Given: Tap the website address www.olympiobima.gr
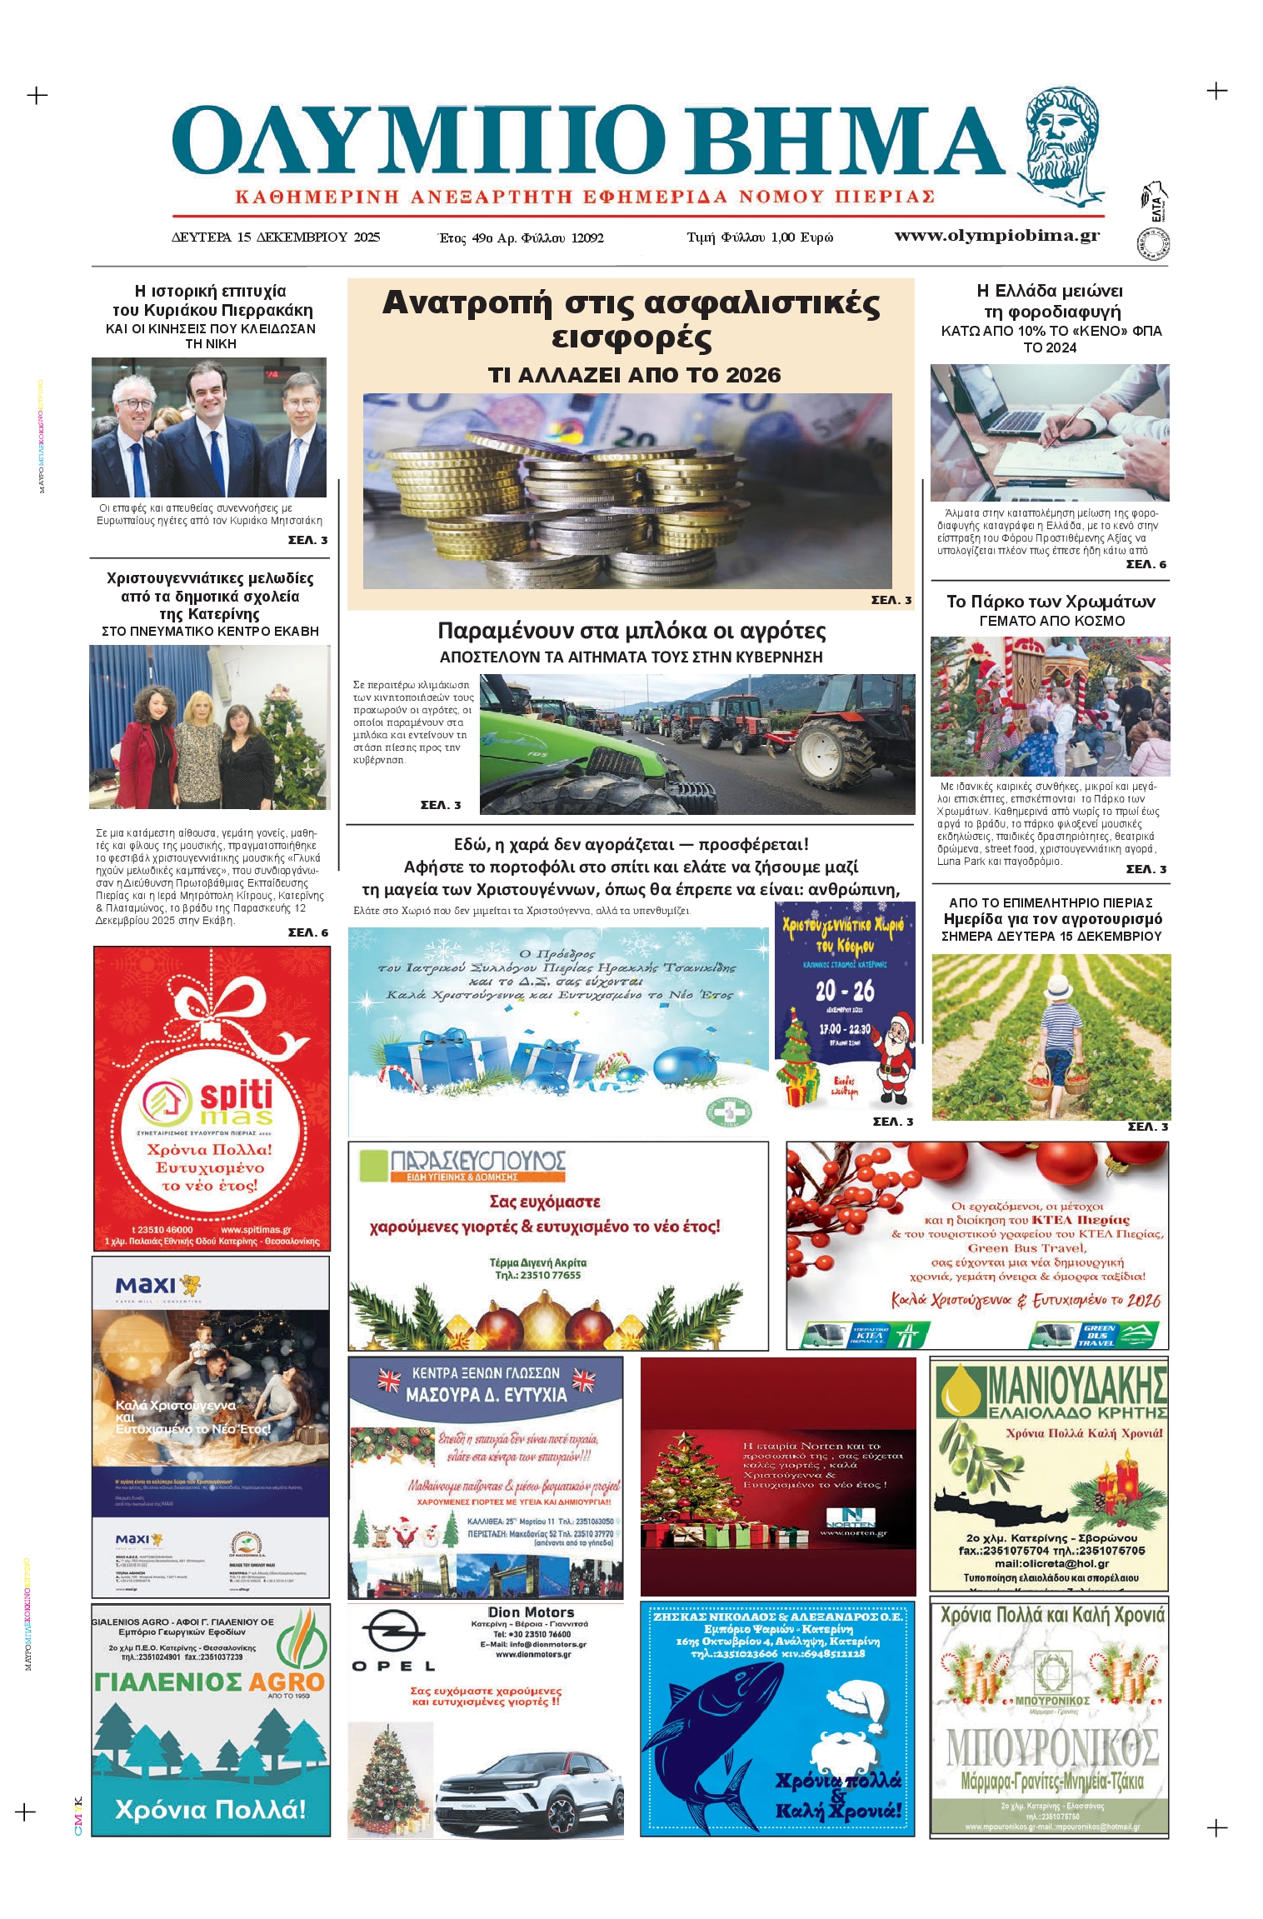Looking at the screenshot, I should point(996,236).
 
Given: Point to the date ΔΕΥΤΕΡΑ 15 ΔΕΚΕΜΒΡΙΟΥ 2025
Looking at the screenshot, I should point(276,237).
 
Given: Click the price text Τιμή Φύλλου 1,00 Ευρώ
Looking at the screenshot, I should point(759,237).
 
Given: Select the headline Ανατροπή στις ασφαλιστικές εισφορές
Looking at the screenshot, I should point(631,319).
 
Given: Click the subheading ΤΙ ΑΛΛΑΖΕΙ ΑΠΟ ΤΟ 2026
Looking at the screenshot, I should point(634,375).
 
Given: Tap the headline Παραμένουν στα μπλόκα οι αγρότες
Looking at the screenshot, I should point(631,631).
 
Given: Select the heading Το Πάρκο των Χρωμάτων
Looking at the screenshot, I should point(1051,602).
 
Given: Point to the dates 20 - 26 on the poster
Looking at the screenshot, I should point(844,990).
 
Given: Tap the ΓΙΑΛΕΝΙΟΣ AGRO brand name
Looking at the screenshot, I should point(208,1682).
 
